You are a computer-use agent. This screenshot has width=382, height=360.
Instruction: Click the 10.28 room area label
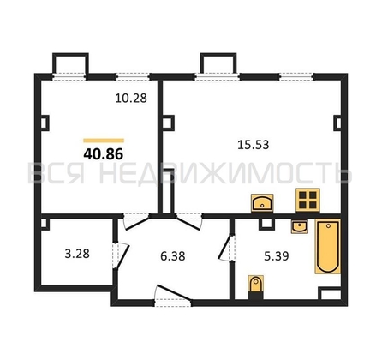[x=131, y=99]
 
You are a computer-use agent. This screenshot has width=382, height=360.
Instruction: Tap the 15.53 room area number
[x=254, y=145]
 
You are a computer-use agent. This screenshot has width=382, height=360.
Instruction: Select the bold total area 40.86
[x=104, y=154]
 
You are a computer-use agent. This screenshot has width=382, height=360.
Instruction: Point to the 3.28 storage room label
[x=77, y=254]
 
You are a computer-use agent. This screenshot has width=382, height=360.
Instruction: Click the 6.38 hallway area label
[x=173, y=256]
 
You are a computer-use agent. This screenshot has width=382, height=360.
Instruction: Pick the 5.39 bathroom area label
[x=277, y=256]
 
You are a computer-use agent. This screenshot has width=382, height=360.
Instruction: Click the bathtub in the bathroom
[x=328, y=246]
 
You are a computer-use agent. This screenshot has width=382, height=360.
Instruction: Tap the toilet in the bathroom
[x=256, y=285]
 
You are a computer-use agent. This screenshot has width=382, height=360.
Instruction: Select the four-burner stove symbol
[x=307, y=200]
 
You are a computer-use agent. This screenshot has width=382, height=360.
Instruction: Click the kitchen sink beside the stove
[x=262, y=203]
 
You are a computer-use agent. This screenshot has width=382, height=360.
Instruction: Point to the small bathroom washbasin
[x=300, y=226]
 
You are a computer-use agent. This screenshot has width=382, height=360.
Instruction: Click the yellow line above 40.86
[x=104, y=141]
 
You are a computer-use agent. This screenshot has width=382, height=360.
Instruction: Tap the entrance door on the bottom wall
[x=173, y=296]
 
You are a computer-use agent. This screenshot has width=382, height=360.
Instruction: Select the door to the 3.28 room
[x=121, y=255]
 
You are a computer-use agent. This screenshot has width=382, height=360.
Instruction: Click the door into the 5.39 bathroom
[x=227, y=247]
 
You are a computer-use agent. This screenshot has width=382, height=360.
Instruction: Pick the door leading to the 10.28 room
[x=136, y=222]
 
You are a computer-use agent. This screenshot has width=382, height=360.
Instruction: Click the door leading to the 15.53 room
[x=189, y=222]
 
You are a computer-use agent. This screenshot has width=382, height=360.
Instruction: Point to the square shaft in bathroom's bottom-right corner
[x=330, y=293]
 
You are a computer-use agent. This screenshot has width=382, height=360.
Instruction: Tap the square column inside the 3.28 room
[x=45, y=224]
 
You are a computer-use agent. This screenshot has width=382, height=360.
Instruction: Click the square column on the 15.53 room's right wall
[x=337, y=123]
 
